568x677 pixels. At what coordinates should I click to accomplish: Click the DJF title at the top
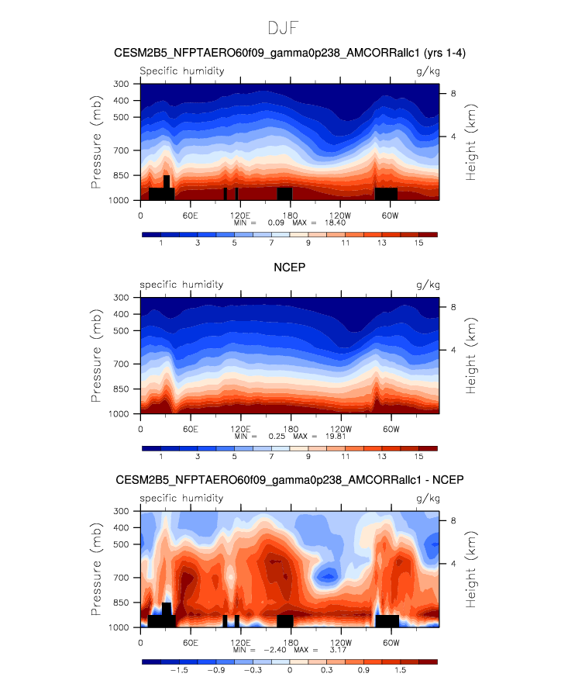pos(284,28)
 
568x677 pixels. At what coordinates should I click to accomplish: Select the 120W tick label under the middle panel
pos(340,428)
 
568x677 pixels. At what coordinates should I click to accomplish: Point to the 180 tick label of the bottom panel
pos(290,641)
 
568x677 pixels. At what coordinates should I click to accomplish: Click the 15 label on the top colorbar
pos(419,244)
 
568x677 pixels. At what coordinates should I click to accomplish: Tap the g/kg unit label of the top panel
pos(427,71)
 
